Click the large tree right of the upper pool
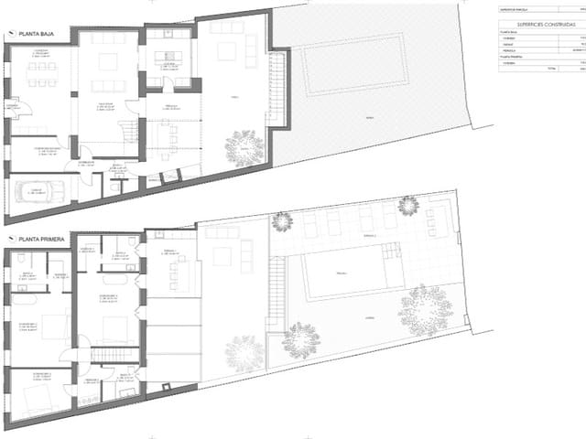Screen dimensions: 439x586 click(x=425, y=309)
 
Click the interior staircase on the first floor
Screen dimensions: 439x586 click(x=114, y=355)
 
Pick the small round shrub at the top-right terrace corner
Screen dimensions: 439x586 click(x=408, y=205)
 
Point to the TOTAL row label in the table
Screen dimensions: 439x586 click(x=526, y=69)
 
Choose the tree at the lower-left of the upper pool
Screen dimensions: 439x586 click(x=300, y=339)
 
